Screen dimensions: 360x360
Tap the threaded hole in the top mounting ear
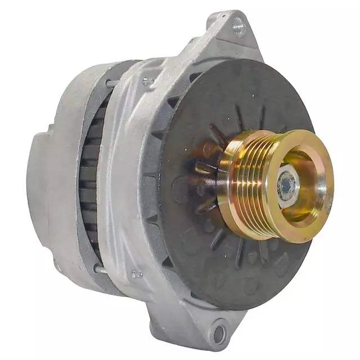click(x=238, y=24)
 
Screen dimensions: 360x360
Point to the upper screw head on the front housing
click(x=148, y=82)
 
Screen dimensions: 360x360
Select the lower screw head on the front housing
click(x=135, y=275)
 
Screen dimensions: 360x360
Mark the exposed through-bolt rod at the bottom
click(x=100, y=271)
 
